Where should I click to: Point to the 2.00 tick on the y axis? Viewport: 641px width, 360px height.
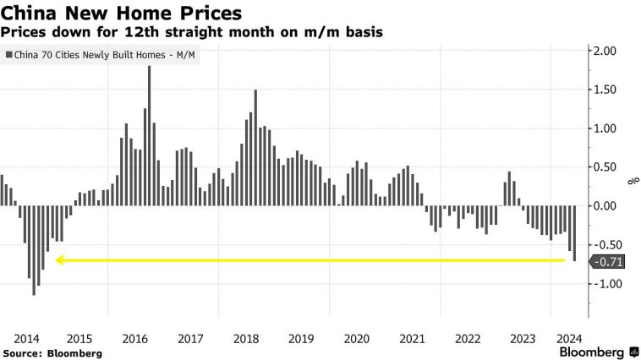pos(607,52)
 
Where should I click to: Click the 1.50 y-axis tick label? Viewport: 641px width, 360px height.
pos(607,90)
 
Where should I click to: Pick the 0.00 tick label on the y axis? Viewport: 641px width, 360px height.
pos(607,205)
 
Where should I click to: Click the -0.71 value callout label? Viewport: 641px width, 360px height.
pos(608,262)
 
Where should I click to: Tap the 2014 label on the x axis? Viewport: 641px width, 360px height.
pos(28,338)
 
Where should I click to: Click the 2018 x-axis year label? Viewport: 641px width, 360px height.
pos(246,338)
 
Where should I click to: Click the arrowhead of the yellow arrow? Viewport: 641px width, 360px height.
pos(59,260)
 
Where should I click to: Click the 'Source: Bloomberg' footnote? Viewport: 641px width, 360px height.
pos(52,352)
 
